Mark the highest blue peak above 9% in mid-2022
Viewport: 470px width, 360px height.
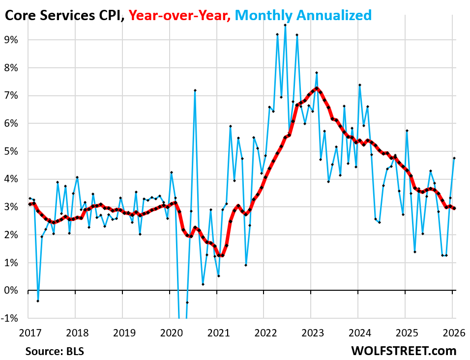pos(285,25)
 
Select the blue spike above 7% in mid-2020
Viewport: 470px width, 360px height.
pos(195,90)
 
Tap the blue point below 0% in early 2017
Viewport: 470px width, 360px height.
pos(37,301)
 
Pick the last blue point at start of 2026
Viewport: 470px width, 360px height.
pos(454,158)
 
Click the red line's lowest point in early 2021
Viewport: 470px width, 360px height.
pos(222,255)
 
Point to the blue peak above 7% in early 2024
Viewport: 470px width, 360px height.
pos(360,85)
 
